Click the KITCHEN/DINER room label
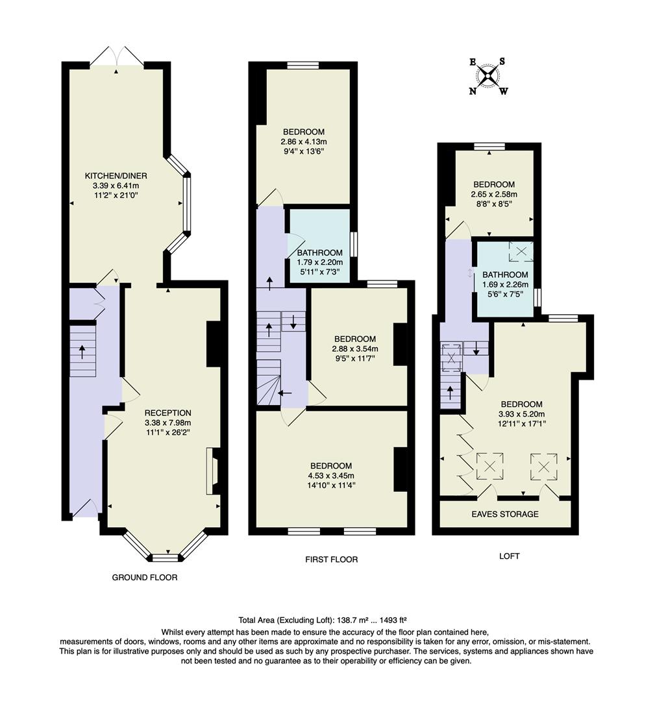[116, 175]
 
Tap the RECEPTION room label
[167, 413]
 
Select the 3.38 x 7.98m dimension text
[167, 423]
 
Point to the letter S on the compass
[502, 62]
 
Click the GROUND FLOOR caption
[145, 577]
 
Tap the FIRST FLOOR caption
[331, 559]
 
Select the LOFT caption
[509, 556]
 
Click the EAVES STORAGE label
[505, 514]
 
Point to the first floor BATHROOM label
[319, 252]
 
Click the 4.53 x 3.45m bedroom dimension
[331, 475]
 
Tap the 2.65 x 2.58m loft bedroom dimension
[494, 194]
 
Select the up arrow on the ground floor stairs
[82, 351]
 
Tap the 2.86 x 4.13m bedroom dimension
[303, 141]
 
